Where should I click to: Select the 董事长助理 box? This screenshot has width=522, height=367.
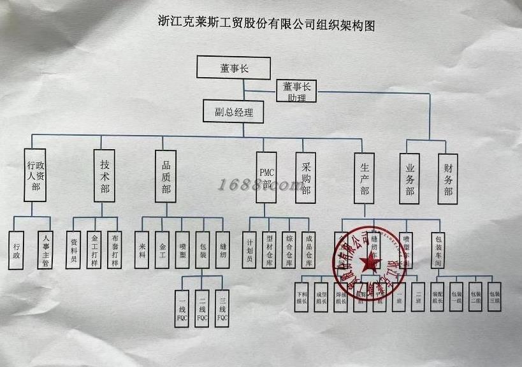click(x=296, y=91)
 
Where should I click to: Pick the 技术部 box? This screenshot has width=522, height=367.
click(x=104, y=175)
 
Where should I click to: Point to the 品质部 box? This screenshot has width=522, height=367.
click(x=166, y=175)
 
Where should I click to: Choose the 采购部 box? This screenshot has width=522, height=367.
click(x=306, y=178)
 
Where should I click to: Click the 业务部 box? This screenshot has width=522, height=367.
click(x=410, y=179)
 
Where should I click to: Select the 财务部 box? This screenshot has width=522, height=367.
click(x=448, y=179)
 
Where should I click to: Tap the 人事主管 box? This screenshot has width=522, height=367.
click(x=44, y=249)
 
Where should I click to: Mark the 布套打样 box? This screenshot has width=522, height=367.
click(x=114, y=249)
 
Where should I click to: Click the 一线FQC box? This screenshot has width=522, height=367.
click(x=182, y=308)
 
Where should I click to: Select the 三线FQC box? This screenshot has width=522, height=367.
click(x=221, y=308)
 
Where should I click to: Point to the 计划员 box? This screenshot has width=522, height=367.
click(x=250, y=249)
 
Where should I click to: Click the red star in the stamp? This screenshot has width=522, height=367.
click(x=368, y=262)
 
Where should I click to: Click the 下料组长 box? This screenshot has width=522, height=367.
click(x=301, y=296)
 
